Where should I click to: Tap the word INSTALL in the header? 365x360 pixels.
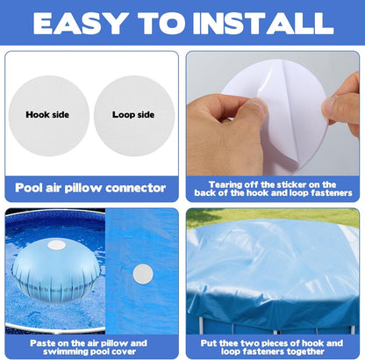[263, 23]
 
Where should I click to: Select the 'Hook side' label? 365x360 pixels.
[47, 114]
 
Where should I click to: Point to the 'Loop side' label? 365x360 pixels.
[133, 114]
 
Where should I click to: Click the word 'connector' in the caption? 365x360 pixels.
[136, 188]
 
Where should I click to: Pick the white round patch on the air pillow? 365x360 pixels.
[56, 245]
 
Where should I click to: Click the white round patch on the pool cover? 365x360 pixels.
[143, 274]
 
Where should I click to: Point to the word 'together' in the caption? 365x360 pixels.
[306, 351]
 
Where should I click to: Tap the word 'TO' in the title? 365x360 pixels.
[161, 23]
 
